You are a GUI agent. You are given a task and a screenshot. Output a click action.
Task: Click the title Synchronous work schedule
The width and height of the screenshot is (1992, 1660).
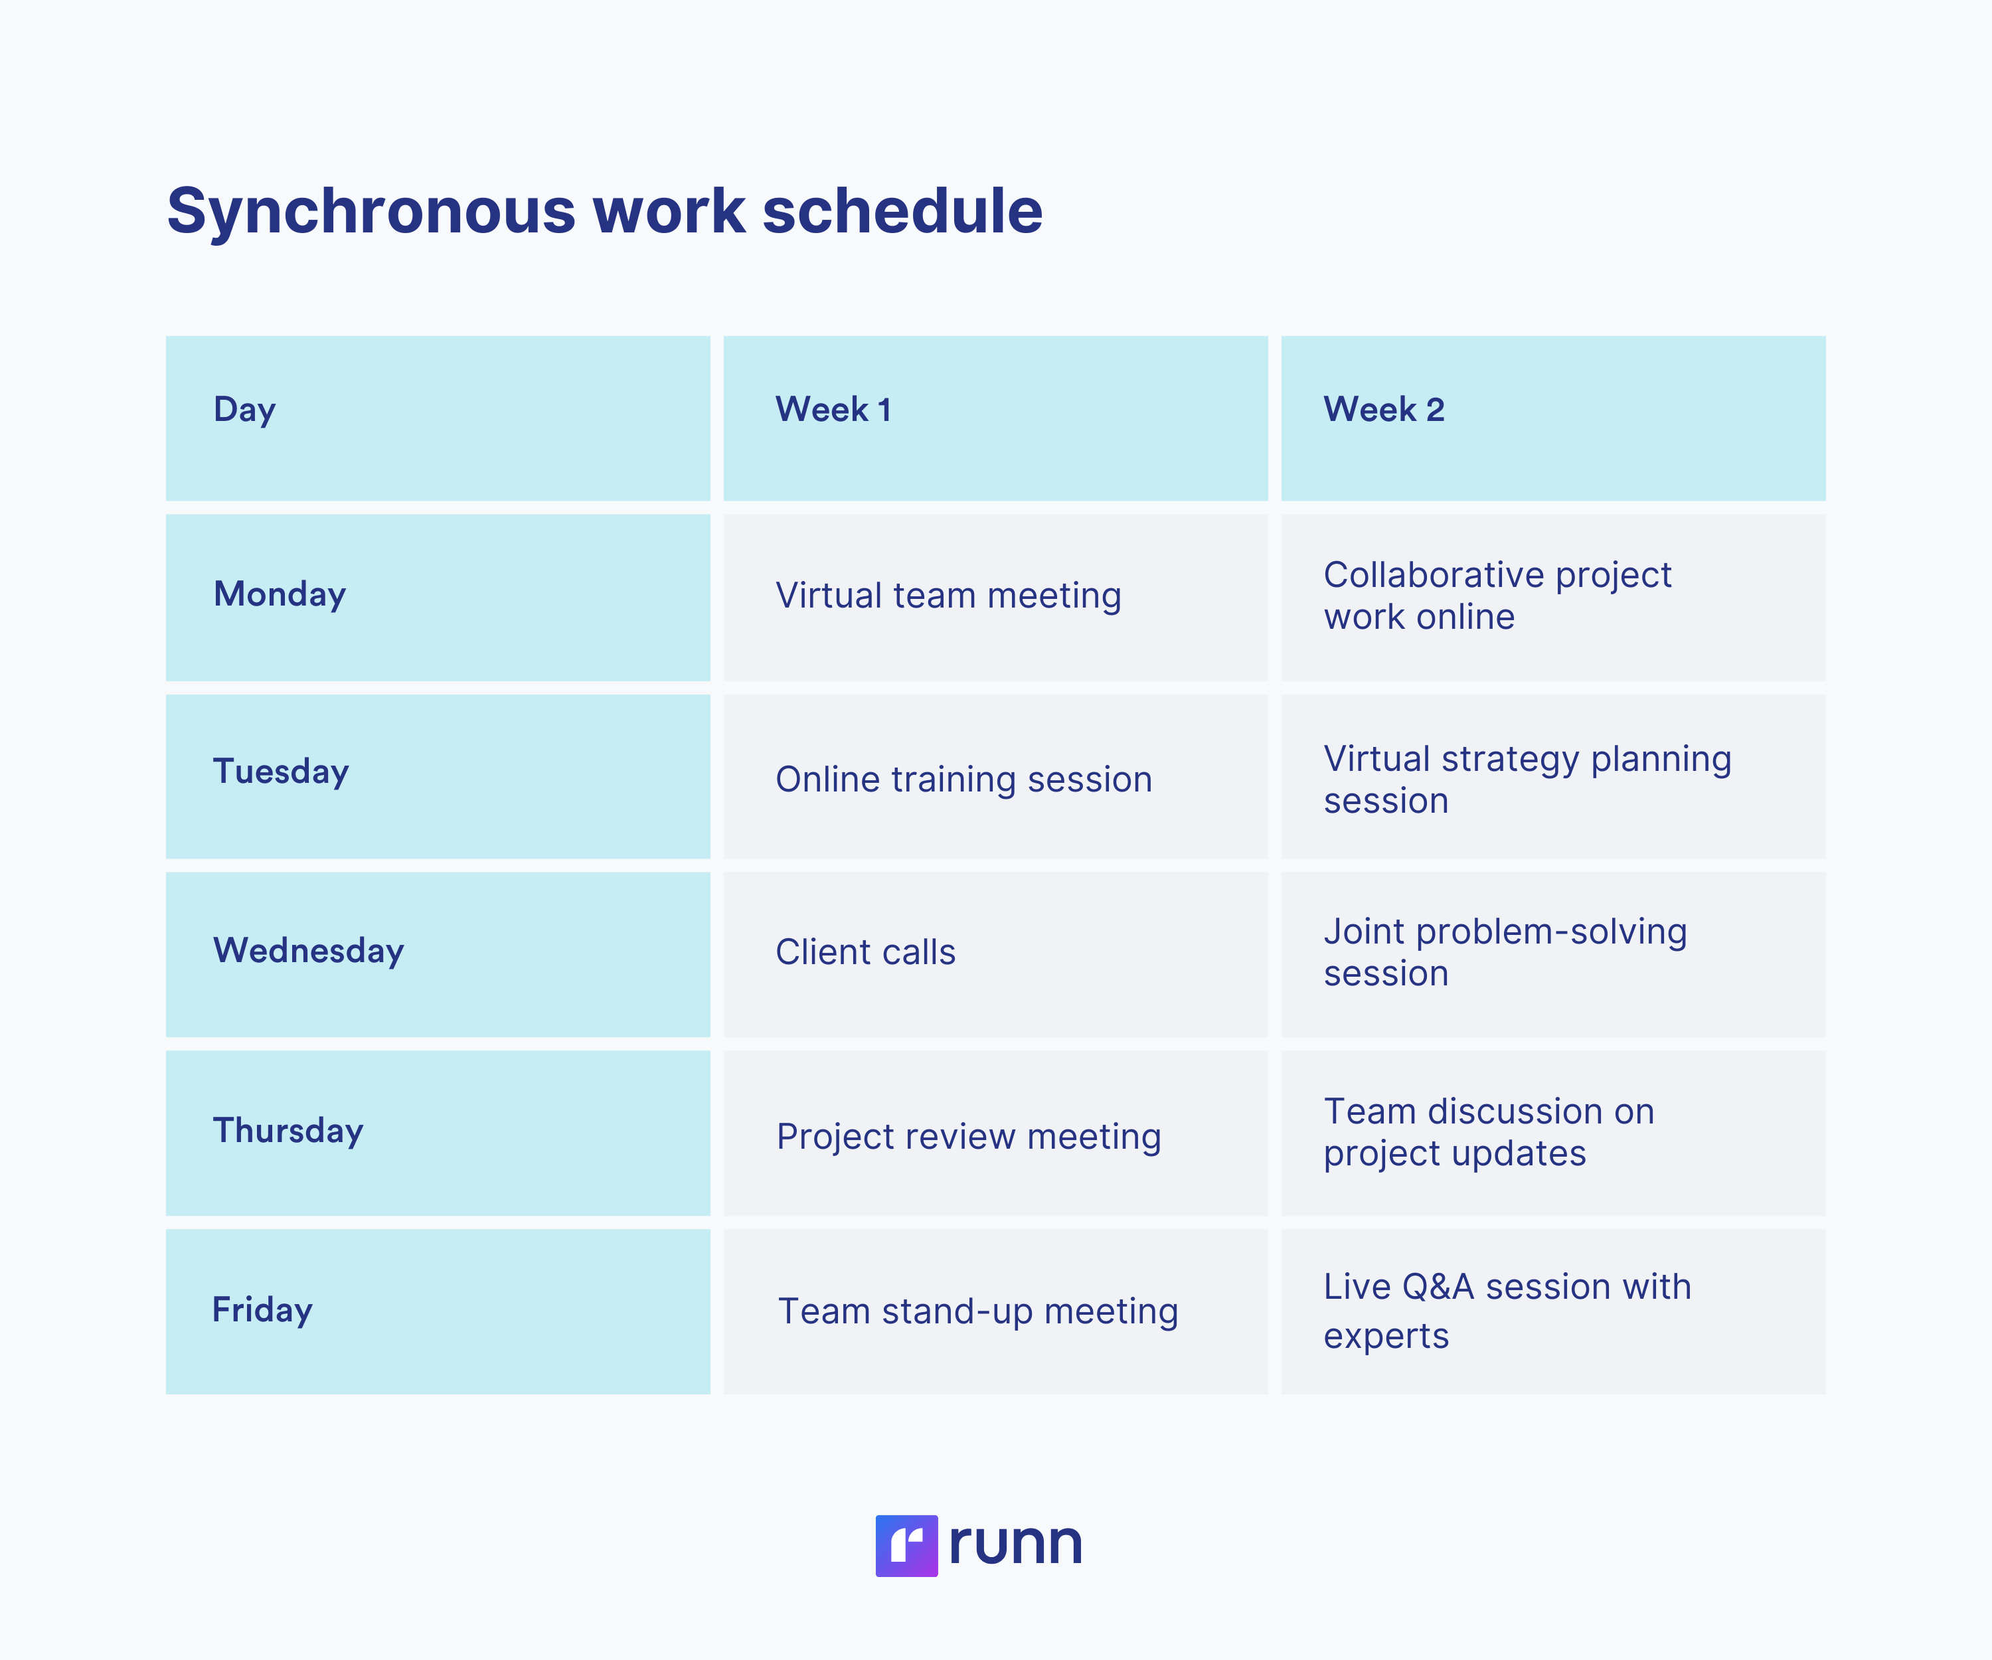point(604,210)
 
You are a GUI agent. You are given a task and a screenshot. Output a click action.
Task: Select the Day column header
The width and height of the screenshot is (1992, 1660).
point(245,410)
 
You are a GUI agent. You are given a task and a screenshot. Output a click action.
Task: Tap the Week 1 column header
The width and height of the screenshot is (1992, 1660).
point(833,410)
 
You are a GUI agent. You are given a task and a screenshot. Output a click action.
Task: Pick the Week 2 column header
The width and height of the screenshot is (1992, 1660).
point(1384,410)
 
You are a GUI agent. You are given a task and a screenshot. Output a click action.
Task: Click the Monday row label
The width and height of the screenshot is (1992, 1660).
point(280,595)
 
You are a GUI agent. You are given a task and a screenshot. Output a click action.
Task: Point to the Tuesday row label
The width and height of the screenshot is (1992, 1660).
point(281,772)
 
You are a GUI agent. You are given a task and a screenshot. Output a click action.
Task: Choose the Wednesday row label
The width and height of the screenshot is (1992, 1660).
point(308,950)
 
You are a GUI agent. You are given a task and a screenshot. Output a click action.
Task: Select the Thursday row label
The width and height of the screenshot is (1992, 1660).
point(288,1131)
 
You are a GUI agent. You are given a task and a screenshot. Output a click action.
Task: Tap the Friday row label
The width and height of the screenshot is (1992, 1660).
point(263,1310)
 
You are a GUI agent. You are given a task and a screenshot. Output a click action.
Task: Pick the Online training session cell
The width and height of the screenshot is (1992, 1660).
point(963,780)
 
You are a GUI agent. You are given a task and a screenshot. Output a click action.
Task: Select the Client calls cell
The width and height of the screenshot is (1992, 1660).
point(865,952)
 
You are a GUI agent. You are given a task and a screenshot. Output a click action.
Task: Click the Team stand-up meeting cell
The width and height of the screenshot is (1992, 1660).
point(978,1312)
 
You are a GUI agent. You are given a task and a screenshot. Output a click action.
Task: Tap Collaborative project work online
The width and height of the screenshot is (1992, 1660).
point(1498,596)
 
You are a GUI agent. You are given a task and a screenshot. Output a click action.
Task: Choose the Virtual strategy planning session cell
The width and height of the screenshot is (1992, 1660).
point(1527,780)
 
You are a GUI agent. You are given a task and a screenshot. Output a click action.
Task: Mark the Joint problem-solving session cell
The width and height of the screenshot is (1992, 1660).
point(1505,952)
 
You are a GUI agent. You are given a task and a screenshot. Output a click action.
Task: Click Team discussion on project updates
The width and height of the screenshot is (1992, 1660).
point(1489,1133)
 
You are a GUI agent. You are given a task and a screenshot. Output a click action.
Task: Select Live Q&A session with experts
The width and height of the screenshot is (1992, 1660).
point(1507,1311)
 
